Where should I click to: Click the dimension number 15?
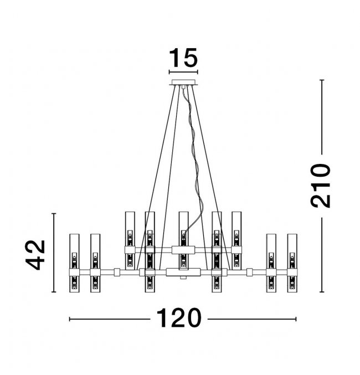point(183,58)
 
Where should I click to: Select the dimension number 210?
point(321,185)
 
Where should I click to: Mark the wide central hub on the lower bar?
point(183,271)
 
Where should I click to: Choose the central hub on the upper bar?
point(183,249)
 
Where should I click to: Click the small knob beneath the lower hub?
point(183,279)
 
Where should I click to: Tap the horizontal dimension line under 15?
point(183,71)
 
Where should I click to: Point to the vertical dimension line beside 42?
point(53,253)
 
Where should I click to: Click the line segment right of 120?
point(251,319)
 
